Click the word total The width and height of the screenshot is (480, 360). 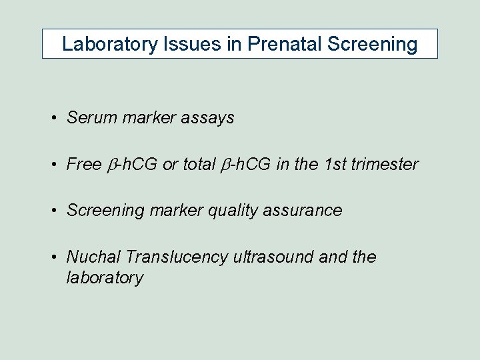pyautogui.click(x=198, y=164)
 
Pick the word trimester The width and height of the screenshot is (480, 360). pyautogui.click(x=385, y=164)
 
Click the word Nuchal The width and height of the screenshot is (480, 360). pyautogui.click(x=93, y=257)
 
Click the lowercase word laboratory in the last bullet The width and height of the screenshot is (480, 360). pyautogui.click(x=105, y=277)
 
